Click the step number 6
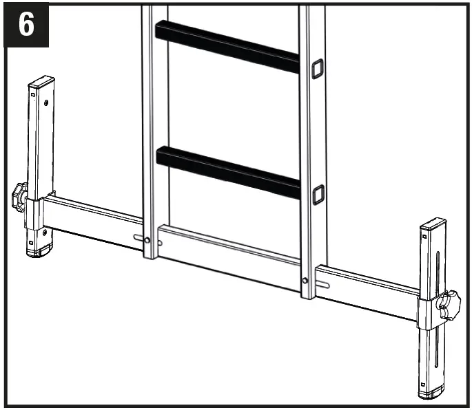tap(26, 25)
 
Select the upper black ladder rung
tap(227, 46)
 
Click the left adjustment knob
tap(19, 197)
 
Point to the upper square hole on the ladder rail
tap(317, 67)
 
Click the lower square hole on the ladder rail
tap(318, 195)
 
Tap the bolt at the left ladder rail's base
tap(147, 239)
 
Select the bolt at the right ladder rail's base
tap(305, 280)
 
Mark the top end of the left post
tap(41, 81)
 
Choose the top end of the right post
tap(433, 224)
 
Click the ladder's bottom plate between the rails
tap(227, 255)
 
